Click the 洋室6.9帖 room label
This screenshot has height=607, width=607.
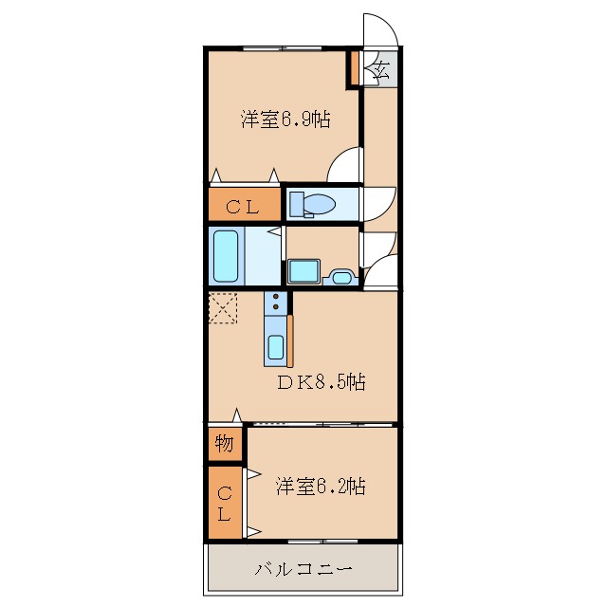(x=285, y=120)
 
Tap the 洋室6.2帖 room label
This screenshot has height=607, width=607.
(x=321, y=487)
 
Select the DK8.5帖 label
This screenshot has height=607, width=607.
(x=322, y=382)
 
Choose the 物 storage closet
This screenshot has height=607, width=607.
(x=225, y=444)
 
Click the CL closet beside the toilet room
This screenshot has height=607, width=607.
(x=244, y=205)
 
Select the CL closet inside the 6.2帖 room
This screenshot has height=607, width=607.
(x=225, y=503)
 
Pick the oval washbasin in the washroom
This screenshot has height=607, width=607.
(x=341, y=278)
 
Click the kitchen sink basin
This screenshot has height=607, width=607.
(x=275, y=348)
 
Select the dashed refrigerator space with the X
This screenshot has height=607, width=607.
(x=224, y=308)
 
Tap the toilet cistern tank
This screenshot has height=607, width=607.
(x=296, y=204)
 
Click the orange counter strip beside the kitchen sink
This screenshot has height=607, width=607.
(x=290, y=340)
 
